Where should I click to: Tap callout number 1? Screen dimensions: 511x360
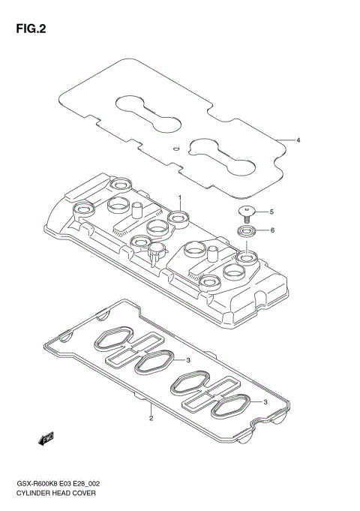180,197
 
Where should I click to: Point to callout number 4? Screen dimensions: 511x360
298,140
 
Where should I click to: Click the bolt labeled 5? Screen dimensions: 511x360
246,211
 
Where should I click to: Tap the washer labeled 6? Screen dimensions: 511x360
246,230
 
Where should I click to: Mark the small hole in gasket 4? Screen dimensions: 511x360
175,148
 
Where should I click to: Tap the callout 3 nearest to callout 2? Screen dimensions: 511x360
190,360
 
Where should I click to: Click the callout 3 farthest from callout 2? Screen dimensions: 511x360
265,402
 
